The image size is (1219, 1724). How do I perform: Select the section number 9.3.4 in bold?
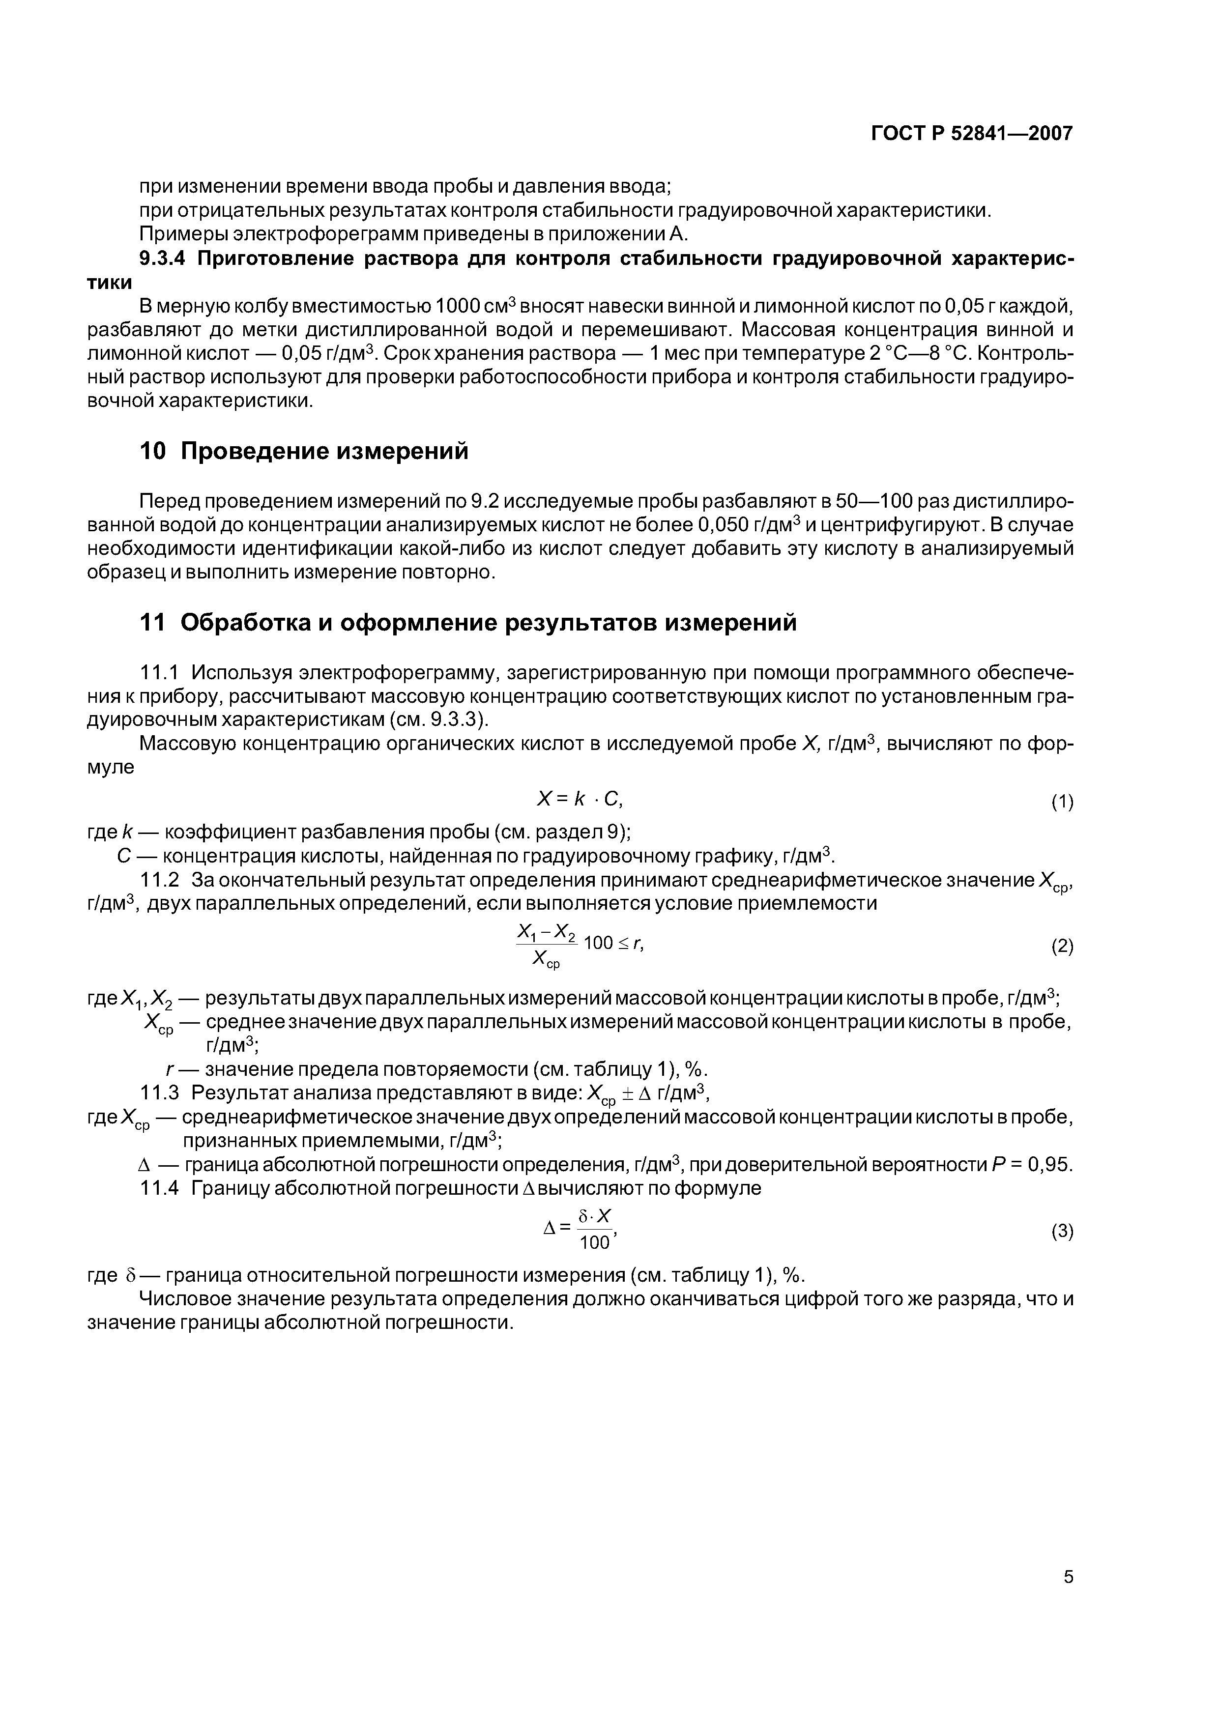coord(163,259)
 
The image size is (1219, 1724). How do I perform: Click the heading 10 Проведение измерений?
coord(304,451)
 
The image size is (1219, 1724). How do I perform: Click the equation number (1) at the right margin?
coord(1062,802)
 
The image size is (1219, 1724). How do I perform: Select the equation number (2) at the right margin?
coord(1062,946)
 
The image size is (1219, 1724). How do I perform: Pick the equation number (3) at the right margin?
coord(1062,1232)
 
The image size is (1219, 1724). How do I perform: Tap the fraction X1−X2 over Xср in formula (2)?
coord(546,946)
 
